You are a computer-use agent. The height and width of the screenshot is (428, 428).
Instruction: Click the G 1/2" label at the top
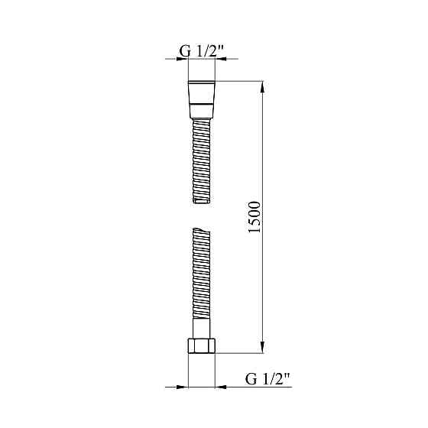point(202,50)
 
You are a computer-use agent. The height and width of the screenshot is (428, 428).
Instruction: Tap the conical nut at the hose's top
point(202,98)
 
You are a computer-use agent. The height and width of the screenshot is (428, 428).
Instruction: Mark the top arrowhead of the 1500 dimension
point(264,86)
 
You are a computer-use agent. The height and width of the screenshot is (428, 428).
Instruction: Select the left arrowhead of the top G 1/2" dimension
point(183,59)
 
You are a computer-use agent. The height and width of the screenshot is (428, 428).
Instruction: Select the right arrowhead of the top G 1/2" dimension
point(220,59)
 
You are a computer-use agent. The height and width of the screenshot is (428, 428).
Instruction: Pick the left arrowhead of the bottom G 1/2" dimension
point(183,387)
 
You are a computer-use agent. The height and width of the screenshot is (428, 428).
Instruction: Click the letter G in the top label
point(184,50)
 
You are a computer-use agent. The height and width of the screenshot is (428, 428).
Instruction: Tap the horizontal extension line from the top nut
point(241,81)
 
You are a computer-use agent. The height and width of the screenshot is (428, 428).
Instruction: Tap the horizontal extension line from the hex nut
point(241,353)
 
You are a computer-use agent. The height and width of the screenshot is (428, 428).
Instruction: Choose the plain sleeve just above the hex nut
point(202,332)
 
